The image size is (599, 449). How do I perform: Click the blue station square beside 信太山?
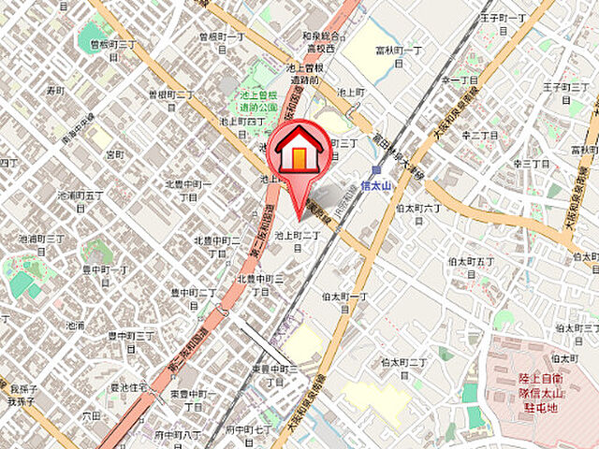375,170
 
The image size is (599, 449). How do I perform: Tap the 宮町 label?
114,153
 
